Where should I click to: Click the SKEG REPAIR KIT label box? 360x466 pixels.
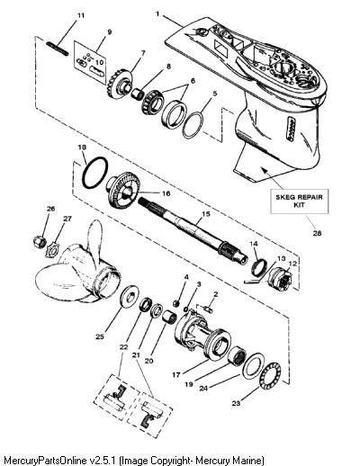(x=299, y=202)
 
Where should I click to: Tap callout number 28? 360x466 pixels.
(x=317, y=233)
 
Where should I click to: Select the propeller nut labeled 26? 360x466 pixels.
(x=40, y=241)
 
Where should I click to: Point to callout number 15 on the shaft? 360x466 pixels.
(x=206, y=214)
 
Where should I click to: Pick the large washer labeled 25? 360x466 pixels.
(x=130, y=296)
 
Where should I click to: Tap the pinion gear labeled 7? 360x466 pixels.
(x=120, y=84)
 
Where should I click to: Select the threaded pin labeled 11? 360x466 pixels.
(x=58, y=49)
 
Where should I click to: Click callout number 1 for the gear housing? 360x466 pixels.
(x=157, y=13)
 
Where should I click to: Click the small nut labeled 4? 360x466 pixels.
(x=176, y=303)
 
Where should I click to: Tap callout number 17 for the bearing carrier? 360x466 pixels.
(x=176, y=374)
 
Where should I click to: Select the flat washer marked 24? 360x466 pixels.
(x=253, y=365)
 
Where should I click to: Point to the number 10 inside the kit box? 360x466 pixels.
(x=100, y=62)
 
